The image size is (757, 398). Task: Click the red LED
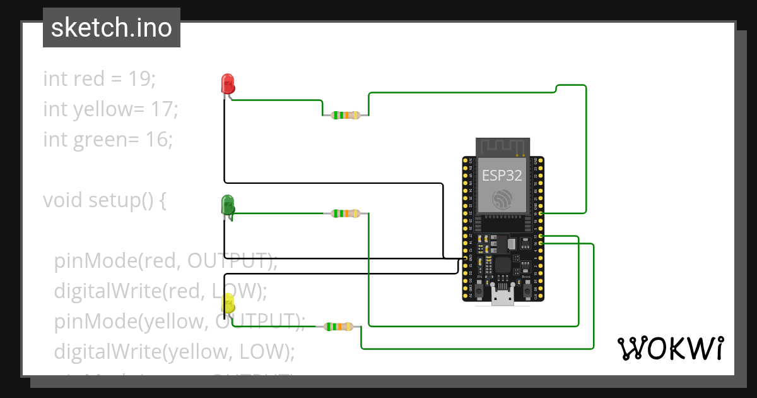coord(227,83)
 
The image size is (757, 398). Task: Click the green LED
coord(227,204)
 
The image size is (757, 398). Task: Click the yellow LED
coord(228,304)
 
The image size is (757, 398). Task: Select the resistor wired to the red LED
coord(346,116)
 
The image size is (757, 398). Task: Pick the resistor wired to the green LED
coord(346,214)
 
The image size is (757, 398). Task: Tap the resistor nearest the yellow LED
coord(338,327)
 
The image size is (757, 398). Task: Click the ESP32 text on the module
coord(502,176)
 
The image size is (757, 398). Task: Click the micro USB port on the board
coord(503,298)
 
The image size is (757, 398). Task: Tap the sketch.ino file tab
coord(112,28)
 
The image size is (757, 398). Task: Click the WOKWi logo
coord(670,348)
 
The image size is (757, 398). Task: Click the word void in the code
coord(63,200)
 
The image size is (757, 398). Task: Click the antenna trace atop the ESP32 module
coord(502,148)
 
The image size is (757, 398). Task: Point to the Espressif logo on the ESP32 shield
coord(502,198)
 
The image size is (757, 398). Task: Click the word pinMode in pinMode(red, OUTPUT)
coord(95,260)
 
